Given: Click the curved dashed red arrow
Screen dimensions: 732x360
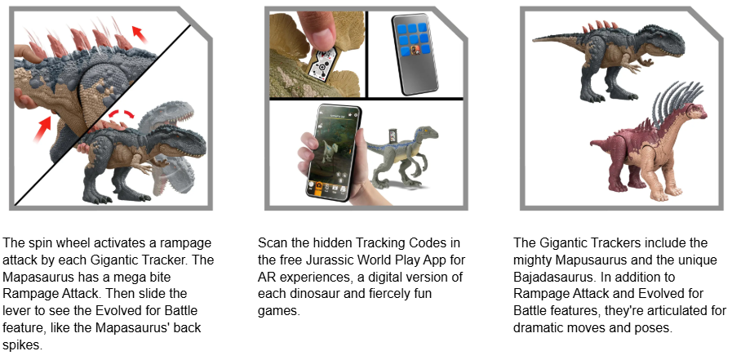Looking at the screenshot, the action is pos(122,113).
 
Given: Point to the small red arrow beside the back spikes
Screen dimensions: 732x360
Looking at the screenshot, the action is pos(139,33).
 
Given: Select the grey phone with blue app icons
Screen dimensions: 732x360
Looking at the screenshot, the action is pos(414,53).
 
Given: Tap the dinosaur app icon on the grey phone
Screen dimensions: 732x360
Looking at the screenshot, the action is pos(414,51).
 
